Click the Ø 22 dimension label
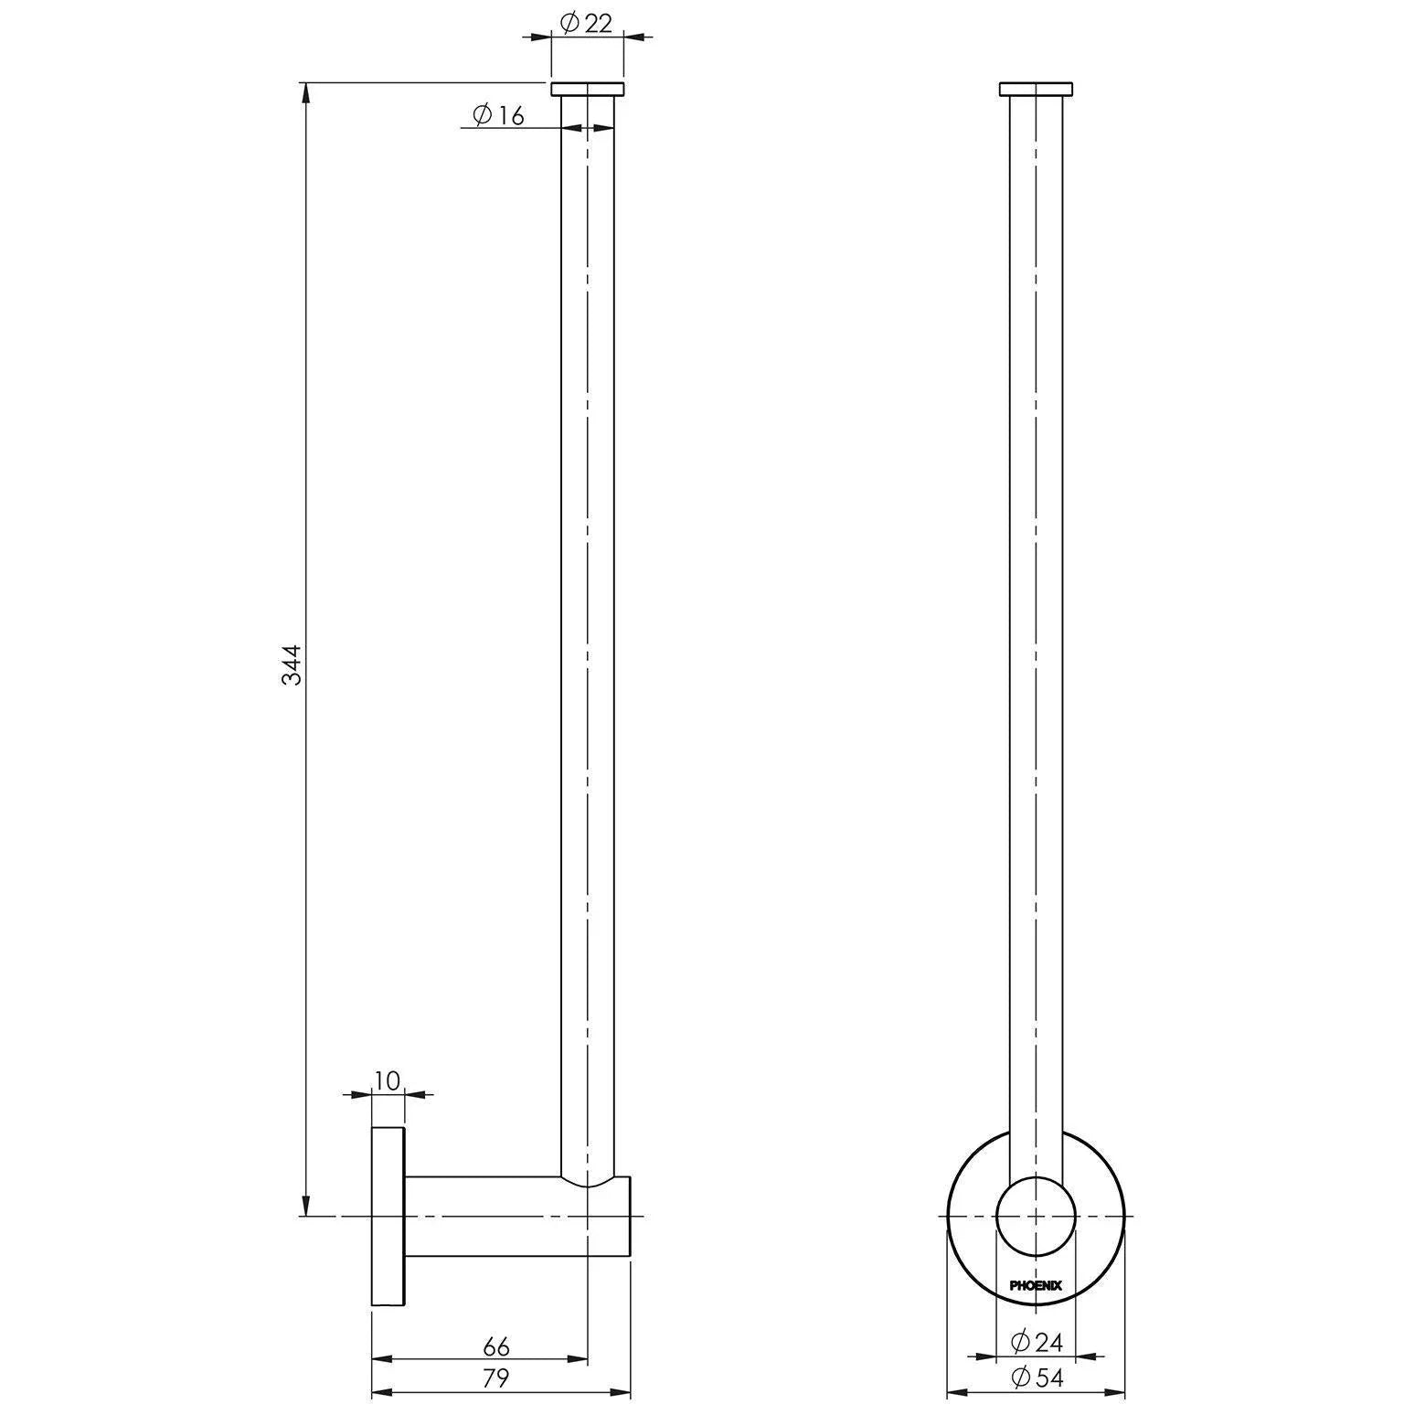(586, 24)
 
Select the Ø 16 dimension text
(498, 115)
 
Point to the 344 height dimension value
(291, 665)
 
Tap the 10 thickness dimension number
(387, 1081)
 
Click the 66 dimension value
(495, 1346)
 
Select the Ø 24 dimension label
(1037, 1342)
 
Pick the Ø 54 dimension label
(1037, 1377)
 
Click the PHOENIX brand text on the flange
(1036, 1285)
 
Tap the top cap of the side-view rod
(587, 89)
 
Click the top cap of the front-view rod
(1036, 89)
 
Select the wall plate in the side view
(388, 1216)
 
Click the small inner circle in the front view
(1036, 1217)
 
